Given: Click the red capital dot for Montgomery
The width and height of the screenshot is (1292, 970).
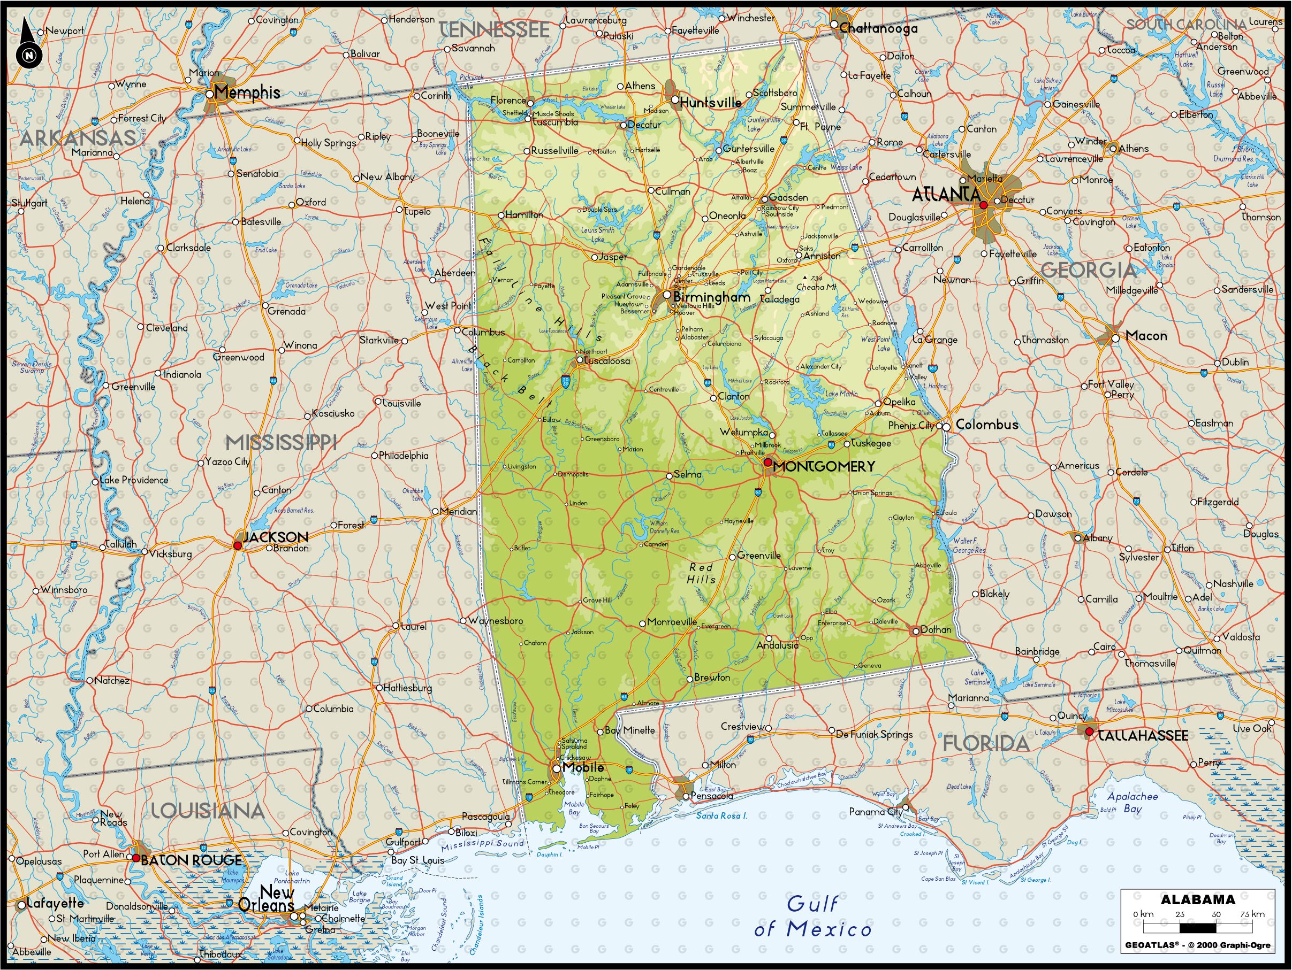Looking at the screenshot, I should pyautogui.click(x=768, y=461).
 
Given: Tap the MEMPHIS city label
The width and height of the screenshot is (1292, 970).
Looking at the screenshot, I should pyautogui.click(x=247, y=92).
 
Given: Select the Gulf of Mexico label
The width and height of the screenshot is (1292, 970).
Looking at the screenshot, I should pyautogui.click(x=812, y=917).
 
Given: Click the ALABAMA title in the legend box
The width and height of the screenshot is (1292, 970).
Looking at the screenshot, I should pyautogui.click(x=1197, y=899).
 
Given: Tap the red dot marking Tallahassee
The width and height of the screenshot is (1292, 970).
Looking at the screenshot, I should pyautogui.click(x=1089, y=731).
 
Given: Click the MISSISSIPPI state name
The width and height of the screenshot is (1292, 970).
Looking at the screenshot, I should pyautogui.click(x=282, y=442).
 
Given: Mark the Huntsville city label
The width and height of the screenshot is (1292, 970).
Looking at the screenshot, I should pyautogui.click(x=710, y=102).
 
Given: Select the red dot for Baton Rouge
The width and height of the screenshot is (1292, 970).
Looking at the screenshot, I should pyautogui.click(x=136, y=858).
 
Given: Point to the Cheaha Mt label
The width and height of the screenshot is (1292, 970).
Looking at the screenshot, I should pyautogui.click(x=817, y=287).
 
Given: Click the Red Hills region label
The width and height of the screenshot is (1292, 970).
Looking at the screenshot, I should pyautogui.click(x=701, y=573).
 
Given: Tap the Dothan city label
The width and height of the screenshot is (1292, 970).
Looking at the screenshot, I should pyautogui.click(x=936, y=630).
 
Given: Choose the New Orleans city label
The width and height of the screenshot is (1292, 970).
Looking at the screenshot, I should pyautogui.click(x=268, y=899).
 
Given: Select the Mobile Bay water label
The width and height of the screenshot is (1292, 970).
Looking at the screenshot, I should pyautogui.click(x=574, y=809).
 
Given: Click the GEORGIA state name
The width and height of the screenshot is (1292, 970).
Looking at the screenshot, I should pyautogui.click(x=1089, y=270).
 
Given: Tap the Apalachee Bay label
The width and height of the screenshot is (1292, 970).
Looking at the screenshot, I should pyautogui.click(x=1124, y=802).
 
